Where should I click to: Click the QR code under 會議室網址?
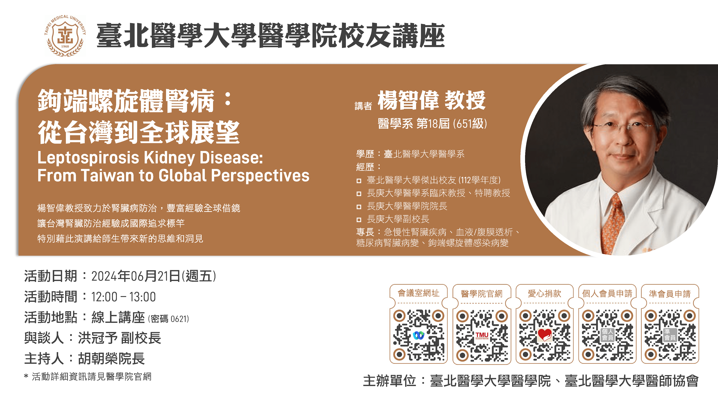419,335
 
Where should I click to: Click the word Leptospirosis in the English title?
88,158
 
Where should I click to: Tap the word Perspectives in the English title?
260,176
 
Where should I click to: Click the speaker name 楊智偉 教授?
432,100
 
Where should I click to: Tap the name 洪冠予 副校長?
120,338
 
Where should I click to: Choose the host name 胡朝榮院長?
111,359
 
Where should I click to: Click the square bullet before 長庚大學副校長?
359,220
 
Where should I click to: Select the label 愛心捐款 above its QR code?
544,293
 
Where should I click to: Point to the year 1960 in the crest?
65,46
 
